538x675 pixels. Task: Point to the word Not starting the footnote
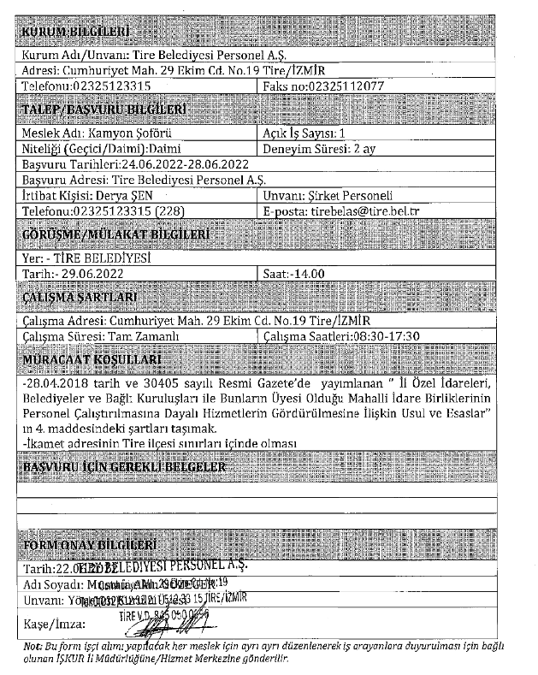(32, 648)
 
